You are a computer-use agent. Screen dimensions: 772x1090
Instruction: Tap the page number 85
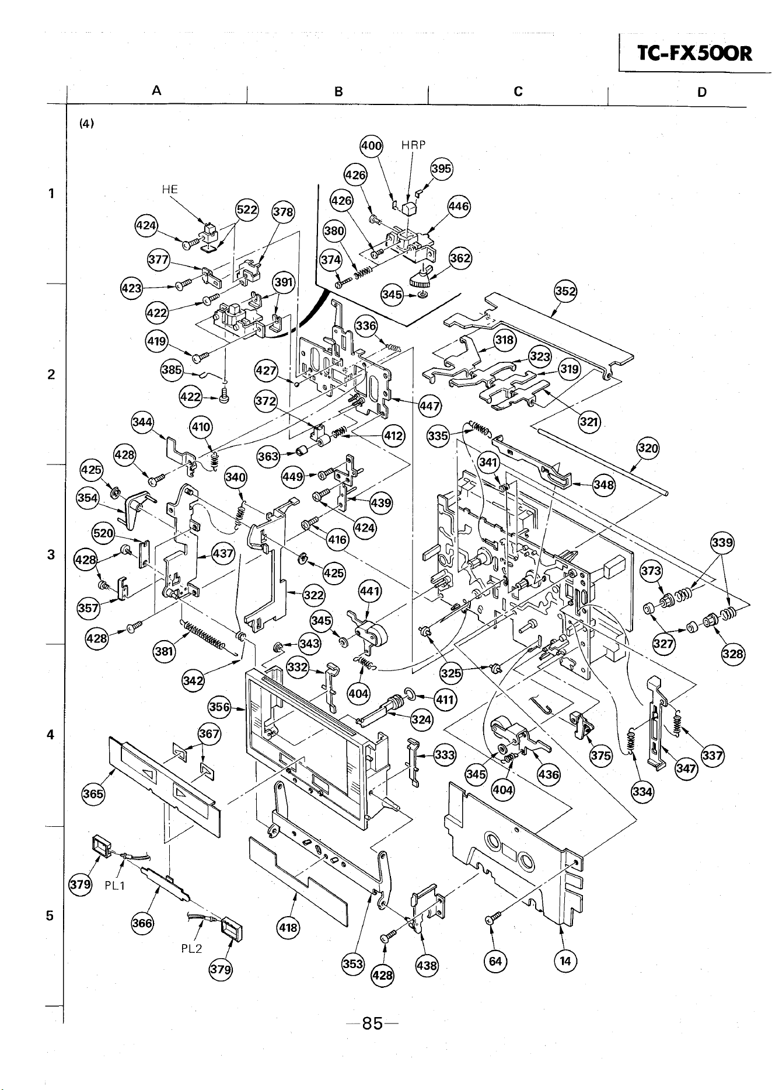click(372, 1023)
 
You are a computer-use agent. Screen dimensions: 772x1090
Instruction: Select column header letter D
click(703, 92)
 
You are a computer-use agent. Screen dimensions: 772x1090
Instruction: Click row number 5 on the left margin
click(51, 916)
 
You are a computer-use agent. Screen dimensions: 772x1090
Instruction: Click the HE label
click(169, 189)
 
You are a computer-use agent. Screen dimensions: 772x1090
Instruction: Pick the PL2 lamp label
click(191, 948)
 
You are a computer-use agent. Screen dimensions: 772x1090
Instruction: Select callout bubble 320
click(648, 449)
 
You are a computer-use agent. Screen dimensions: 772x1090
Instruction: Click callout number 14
click(565, 961)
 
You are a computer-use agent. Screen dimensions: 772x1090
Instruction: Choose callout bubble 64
click(495, 961)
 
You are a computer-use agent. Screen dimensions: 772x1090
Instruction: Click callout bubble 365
click(93, 794)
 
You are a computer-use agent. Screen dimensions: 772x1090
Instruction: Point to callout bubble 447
click(431, 406)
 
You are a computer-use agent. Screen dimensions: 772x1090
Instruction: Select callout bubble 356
click(219, 707)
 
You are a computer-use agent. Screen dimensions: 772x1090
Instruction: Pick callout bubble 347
click(686, 768)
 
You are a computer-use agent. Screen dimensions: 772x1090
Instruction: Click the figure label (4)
click(87, 124)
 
